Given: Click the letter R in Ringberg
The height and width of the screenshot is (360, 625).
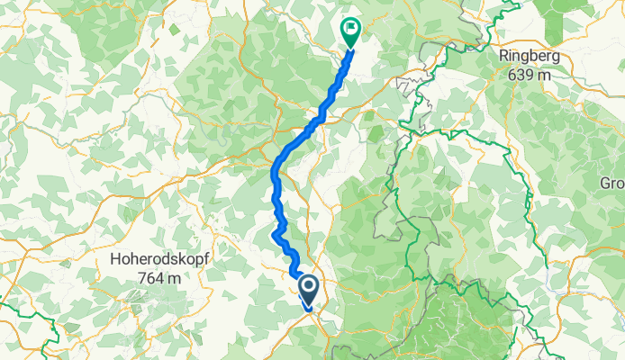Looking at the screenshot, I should (x=502, y=57).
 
